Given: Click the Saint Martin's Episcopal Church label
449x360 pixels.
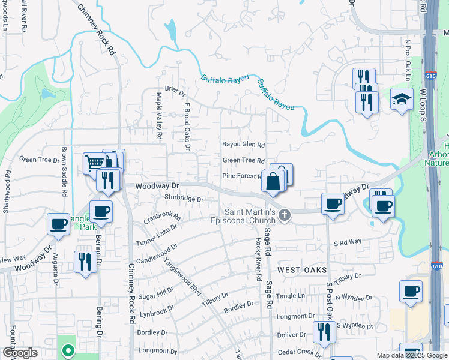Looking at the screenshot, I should tap(250, 217).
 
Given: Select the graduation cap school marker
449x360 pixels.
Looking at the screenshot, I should tap(402, 100).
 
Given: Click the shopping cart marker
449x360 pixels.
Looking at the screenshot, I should tap(95, 163).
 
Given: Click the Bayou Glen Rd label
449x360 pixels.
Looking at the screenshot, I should tap(243, 145).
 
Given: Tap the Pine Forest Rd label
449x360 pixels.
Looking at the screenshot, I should tap(242, 176).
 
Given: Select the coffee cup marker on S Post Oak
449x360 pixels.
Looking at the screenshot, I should tap(333, 204).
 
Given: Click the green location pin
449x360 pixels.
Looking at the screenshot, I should tap(68, 350).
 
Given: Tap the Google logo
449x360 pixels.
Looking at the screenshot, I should tap(20, 353).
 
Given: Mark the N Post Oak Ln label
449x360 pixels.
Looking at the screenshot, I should tap(407, 60).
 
